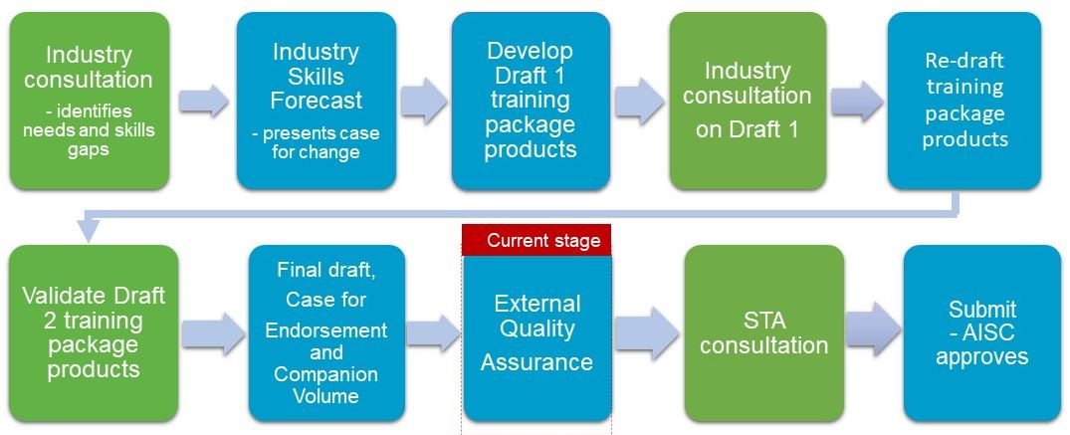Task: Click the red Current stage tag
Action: [x=536, y=240]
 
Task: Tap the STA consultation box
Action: [x=764, y=333]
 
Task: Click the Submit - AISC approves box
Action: [x=982, y=333]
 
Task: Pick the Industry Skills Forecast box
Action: [x=316, y=101]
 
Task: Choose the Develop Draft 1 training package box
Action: [x=531, y=101]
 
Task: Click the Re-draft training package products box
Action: [x=964, y=101]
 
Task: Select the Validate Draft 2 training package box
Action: [x=94, y=333]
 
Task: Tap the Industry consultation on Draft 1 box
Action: [x=748, y=101]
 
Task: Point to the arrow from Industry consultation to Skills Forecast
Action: [x=203, y=102]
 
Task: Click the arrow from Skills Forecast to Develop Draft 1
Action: [x=424, y=102]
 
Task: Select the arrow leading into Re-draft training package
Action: [x=857, y=102]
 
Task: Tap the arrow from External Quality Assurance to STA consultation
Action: [x=647, y=333]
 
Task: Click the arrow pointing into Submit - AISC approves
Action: [x=874, y=329]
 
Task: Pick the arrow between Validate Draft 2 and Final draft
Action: [x=214, y=333]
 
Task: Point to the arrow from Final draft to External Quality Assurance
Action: [x=434, y=333]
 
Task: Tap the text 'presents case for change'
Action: [x=316, y=142]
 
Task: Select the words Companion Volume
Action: [x=326, y=384]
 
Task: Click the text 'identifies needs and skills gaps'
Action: [x=89, y=129]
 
